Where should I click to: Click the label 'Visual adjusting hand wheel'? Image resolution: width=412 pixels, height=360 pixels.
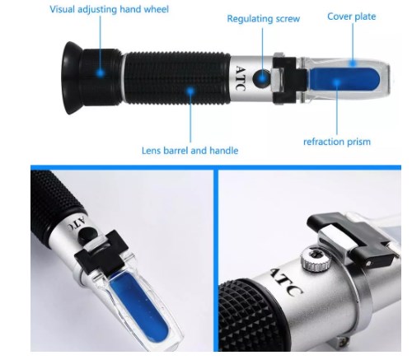point(109,9)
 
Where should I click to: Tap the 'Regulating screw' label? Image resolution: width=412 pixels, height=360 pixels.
point(263,19)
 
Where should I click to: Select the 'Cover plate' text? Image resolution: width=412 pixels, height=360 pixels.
point(351,16)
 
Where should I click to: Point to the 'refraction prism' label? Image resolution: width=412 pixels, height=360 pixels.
point(337,142)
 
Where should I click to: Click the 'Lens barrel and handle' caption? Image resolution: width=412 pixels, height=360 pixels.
point(190,151)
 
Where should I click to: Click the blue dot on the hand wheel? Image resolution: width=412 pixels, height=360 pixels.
point(101,73)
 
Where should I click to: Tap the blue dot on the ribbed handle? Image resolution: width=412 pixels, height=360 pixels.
point(190,91)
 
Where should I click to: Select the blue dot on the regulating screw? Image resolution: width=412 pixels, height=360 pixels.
point(263,77)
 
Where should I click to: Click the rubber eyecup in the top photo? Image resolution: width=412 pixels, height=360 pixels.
point(71,77)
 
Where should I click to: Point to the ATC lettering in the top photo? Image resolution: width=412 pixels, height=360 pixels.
point(241,78)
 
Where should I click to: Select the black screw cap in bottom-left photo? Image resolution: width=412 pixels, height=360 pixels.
point(88,236)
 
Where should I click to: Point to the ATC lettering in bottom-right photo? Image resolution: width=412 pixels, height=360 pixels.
point(286,282)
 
